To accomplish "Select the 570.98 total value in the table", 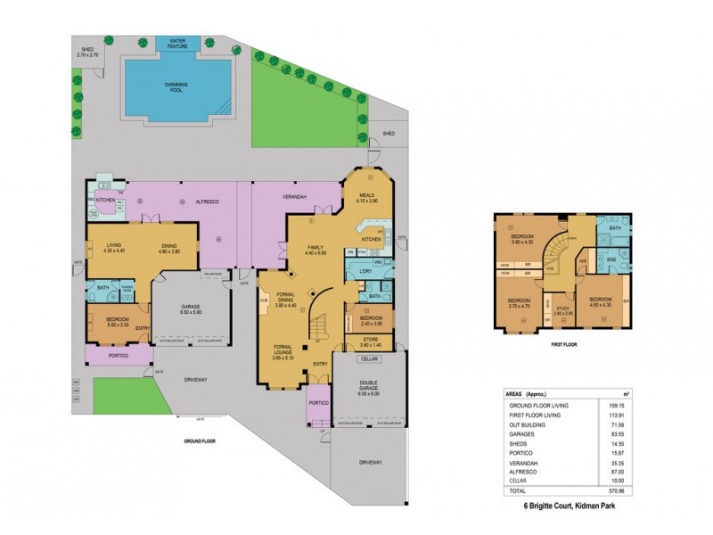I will tap(618, 490).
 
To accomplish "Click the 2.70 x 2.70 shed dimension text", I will tap(88, 55).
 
